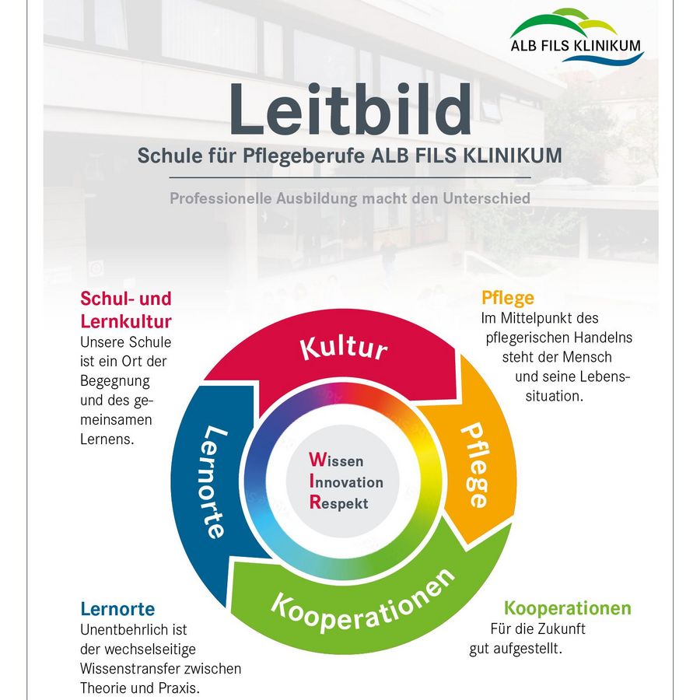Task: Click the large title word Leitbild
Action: [349, 109]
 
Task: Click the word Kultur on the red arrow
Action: [344, 348]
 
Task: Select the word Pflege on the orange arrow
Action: [475, 465]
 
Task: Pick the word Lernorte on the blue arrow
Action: [215, 482]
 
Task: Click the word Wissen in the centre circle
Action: [336, 460]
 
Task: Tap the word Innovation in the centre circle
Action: [346, 481]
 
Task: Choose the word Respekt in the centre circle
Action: [339, 502]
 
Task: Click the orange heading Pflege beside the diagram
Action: [508, 298]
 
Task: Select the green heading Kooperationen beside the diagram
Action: [568, 608]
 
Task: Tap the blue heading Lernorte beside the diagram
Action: [117, 609]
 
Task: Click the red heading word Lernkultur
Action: [126, 321]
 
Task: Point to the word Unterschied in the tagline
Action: [486, 198]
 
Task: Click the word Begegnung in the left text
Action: [115, 381]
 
